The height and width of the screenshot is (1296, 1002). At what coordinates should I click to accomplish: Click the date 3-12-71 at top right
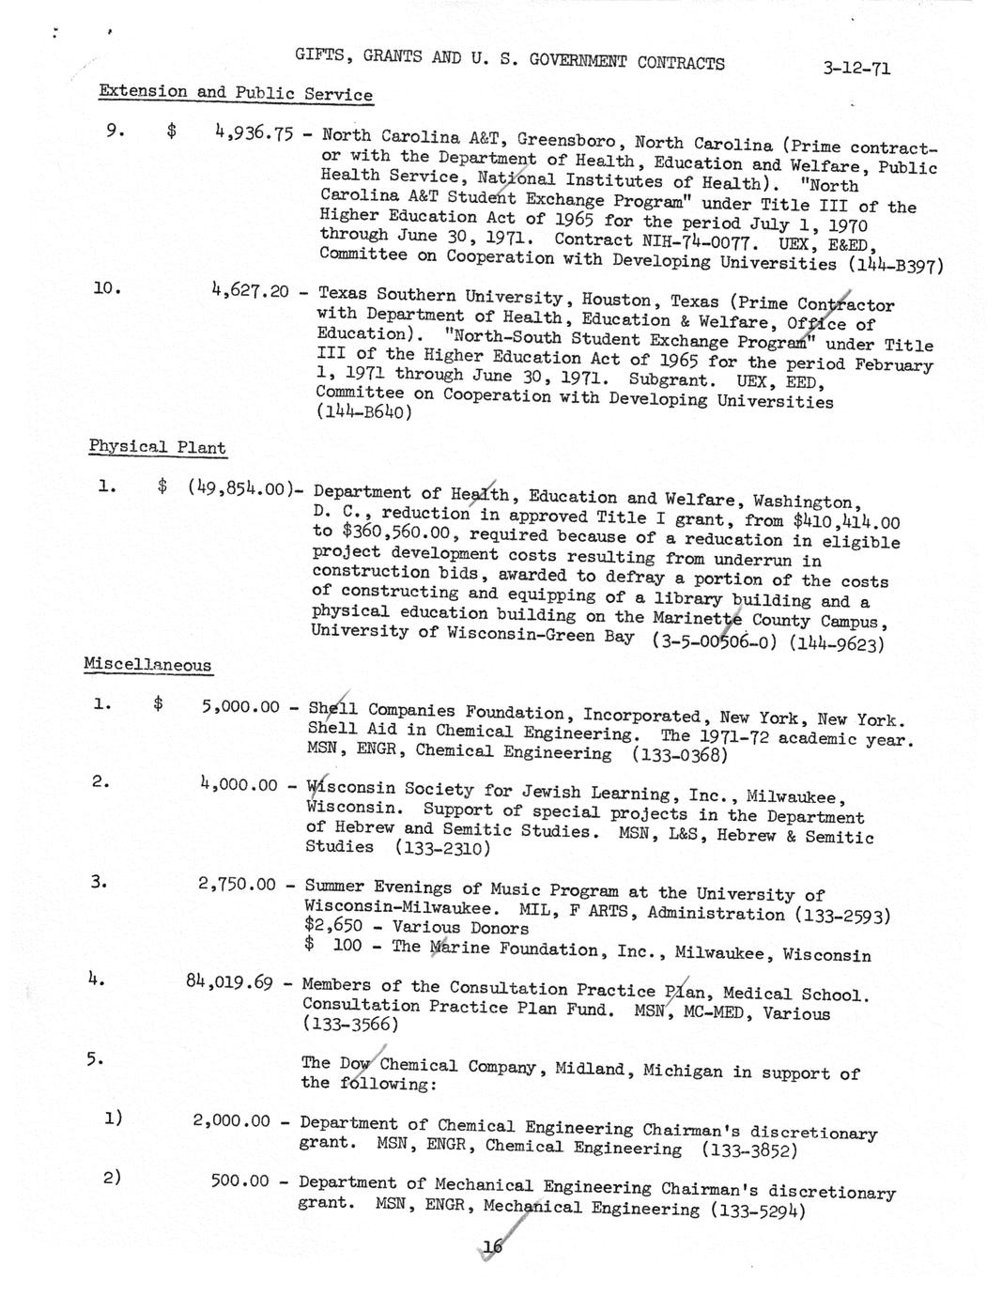856,69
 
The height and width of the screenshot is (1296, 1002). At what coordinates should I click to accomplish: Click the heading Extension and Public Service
236,93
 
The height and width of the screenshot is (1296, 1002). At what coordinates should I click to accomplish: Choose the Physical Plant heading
157,447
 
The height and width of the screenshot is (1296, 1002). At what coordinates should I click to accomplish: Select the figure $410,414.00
845,521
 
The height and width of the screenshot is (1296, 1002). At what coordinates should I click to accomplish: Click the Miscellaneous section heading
147,665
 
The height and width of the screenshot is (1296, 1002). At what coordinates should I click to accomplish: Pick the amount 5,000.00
239,706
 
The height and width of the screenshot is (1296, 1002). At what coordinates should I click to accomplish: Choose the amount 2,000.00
231,1121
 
